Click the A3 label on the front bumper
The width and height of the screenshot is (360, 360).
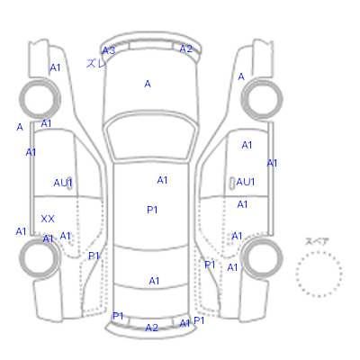click(x=109, y=50)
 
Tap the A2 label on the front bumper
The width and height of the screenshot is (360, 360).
click(x=185, y=49)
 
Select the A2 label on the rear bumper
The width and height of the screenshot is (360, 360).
click(x=151, y=328)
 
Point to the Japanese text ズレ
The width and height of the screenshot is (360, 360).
click(x=95, y=63)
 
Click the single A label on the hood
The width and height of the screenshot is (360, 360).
click(x=148, y=84)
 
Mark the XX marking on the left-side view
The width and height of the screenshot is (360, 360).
click(x=48, y=219)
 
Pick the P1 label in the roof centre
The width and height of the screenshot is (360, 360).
click(x=152, y=210)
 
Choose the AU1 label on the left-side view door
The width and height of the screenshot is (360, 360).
click(x=63, y=183)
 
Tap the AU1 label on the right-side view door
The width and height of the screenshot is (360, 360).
click(x=246, y=182)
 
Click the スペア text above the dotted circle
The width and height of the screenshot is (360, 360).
click(x=317, y=241)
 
